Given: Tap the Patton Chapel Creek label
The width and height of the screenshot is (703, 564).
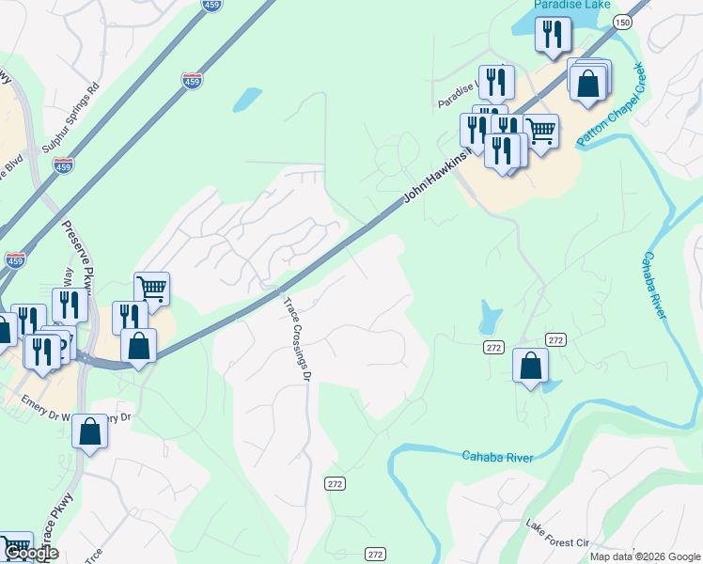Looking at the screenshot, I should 611,105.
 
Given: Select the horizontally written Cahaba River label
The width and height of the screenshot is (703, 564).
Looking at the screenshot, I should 497,457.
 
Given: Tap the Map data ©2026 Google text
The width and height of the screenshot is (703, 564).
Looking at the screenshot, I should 645,556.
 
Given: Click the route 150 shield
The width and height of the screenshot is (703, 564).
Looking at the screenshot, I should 621,22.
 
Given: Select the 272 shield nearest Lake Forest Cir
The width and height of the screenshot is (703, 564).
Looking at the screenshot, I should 375,554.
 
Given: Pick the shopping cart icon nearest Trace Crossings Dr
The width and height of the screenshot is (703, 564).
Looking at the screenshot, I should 151,288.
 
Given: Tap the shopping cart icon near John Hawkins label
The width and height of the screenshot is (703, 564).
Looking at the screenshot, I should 540,130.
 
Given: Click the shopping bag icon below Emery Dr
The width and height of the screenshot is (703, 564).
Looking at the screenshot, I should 90,431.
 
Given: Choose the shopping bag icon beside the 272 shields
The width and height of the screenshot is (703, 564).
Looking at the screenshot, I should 530,364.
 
